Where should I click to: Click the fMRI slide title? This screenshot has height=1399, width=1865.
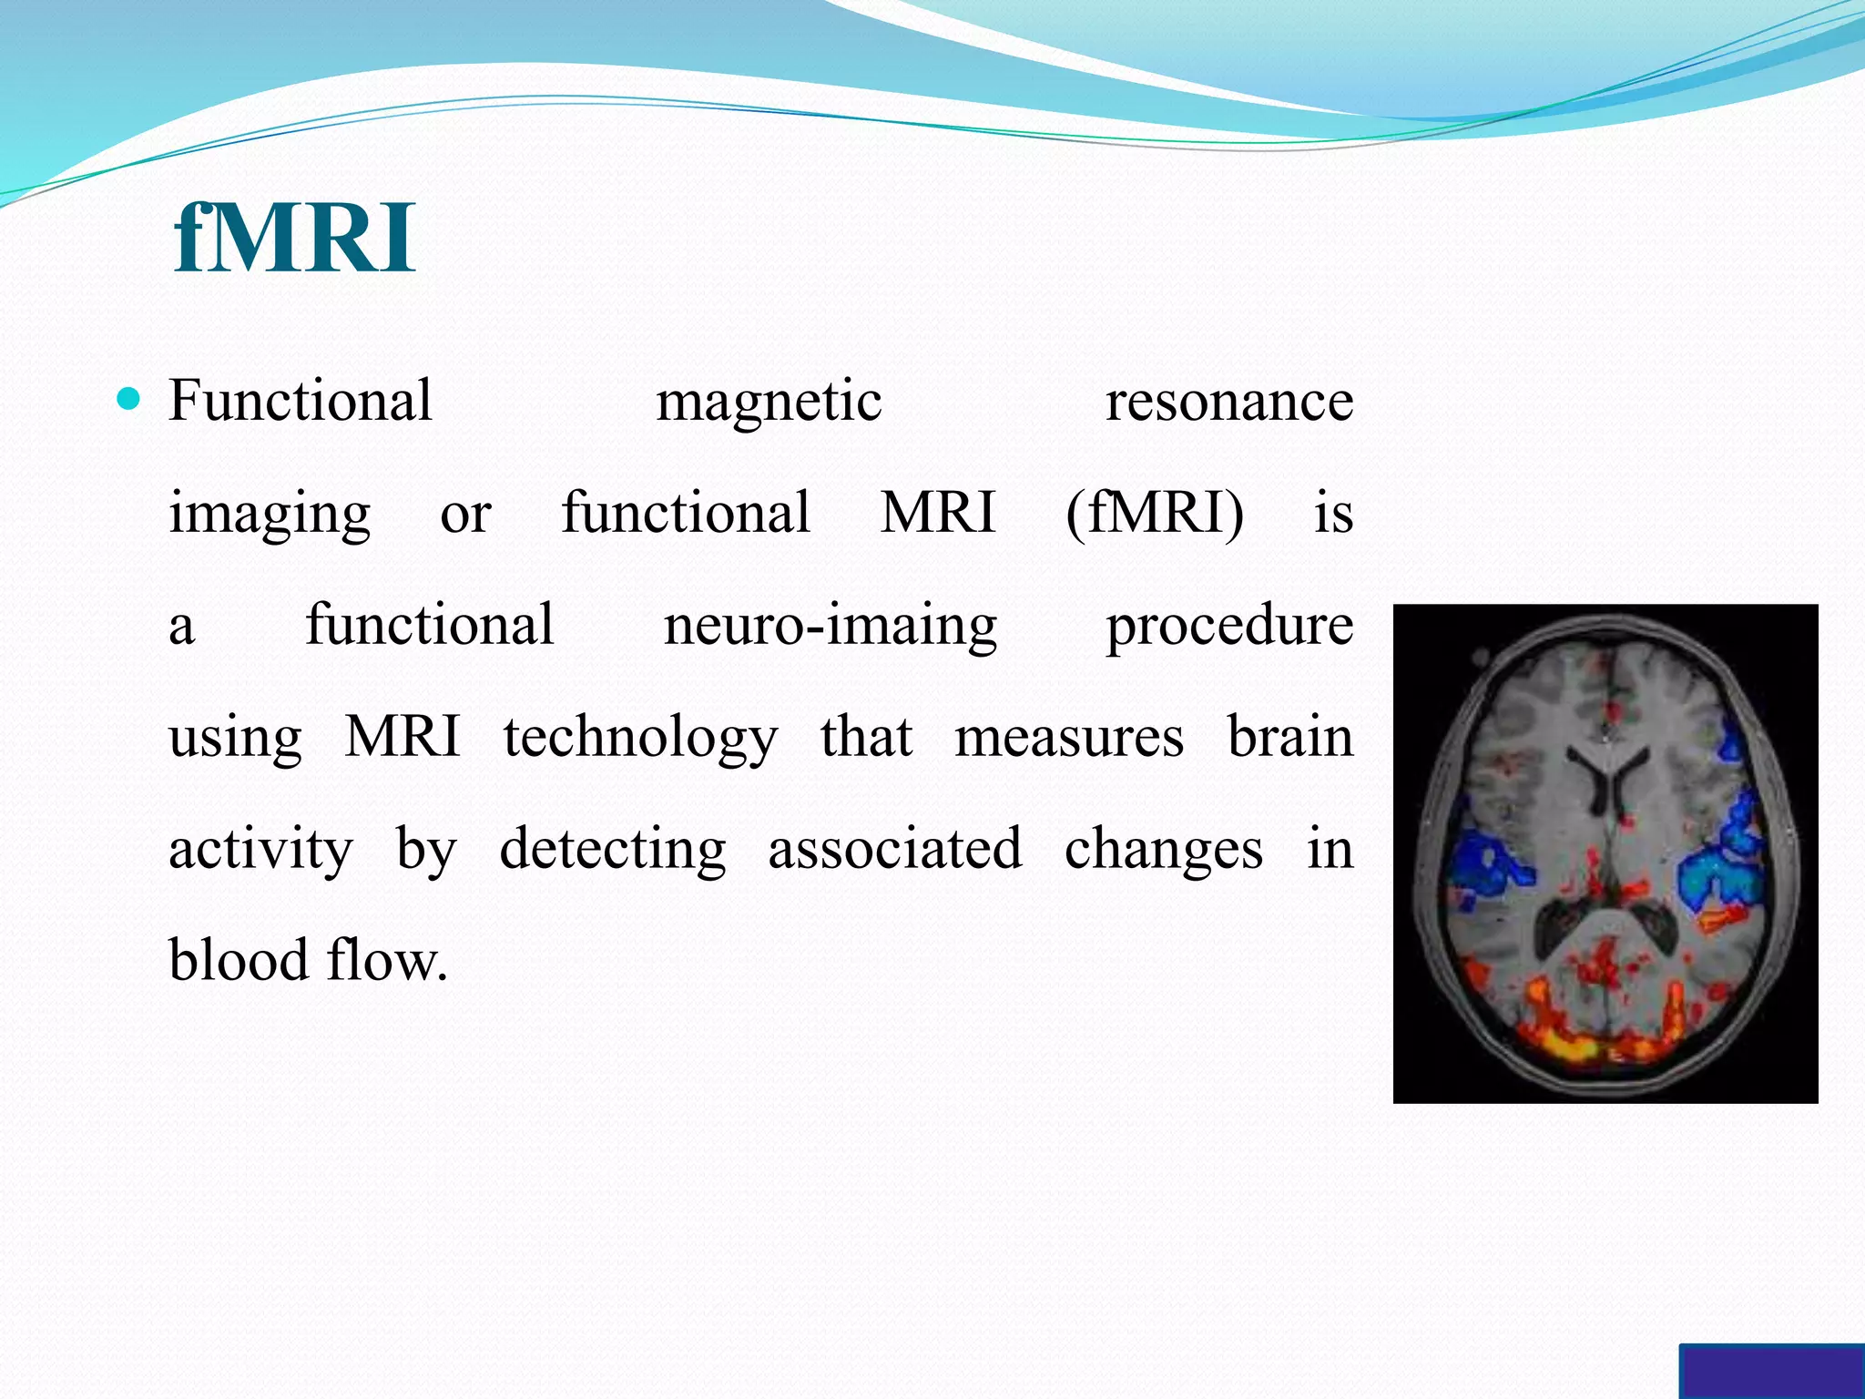(x=294, y=239)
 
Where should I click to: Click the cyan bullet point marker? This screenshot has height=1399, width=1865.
(x=129, y=399)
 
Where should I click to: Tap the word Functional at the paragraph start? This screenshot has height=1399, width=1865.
(x=301, y=401)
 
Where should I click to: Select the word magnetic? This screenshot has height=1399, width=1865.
(x=769, y=403)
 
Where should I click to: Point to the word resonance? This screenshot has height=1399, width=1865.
(x=1229, y=403)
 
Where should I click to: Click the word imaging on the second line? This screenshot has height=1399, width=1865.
(x=270, y=515)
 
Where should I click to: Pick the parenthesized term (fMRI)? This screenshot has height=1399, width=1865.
(x=1155, y=513)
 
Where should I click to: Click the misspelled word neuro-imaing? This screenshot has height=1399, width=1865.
(x=831, y=627)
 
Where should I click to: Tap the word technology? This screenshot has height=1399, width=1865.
(x=641, y=739)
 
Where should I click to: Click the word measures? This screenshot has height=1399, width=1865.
(x=1069, y=737)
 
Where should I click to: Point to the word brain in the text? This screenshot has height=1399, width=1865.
(x=1290, y=737)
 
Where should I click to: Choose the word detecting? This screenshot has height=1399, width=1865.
(x=613, y=851)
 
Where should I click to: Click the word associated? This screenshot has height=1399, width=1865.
(x=895, y=849)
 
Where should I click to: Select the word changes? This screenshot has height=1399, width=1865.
(x=1164, y=851)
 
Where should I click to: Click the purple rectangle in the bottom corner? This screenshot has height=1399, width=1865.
(x=1771, y=1372)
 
